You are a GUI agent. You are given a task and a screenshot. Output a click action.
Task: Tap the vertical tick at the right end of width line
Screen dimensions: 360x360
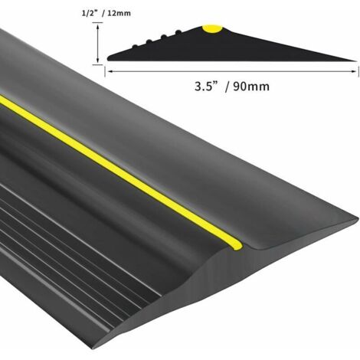tap(357, 69)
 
